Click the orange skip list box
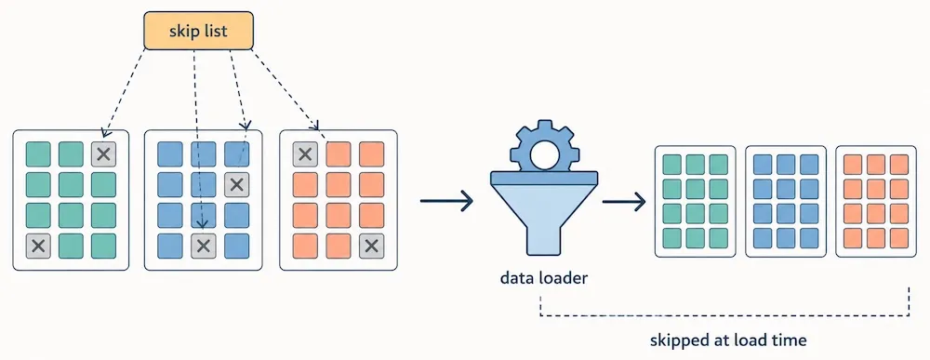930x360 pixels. (x=199, y=31)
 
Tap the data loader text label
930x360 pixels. (x=543, y=277)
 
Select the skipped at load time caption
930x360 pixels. (x=728, y=340)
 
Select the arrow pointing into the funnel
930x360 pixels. (x=446, y=201)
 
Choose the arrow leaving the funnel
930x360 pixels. (x=623, y=202)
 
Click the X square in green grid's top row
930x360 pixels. (x=104, y=154)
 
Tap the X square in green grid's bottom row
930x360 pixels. (x=38, y=247)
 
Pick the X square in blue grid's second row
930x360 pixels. (x=236, y=185)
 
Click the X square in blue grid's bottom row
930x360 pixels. (x=204, y=247)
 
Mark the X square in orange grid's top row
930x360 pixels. (x=305, y=154)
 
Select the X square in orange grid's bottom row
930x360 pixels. (x=371, y=247)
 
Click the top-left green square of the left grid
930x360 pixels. (x=38, y=154)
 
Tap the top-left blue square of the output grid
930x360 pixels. (x=763, y=165)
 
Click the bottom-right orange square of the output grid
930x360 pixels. (x=899, y=238)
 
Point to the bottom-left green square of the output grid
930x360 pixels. (x=671, y=238)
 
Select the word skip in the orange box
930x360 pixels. (x=182, y=31)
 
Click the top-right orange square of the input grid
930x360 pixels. (x=371, y=154)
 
